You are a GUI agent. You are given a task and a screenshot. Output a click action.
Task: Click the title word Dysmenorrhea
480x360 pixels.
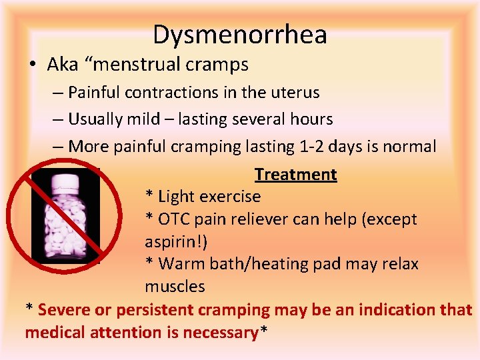(x=240, y=35)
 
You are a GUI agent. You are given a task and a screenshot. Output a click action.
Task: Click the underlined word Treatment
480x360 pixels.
(x=295, y=175)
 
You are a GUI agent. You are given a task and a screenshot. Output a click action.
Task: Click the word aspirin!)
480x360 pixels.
(x=176, y=241)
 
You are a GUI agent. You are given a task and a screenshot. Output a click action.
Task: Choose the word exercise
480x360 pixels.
(x=229, y=197)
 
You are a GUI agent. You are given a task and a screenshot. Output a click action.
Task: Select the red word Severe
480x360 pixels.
(x=65, y=310)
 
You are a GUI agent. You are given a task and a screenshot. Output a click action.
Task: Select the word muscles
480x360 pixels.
(x=175, y=287)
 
